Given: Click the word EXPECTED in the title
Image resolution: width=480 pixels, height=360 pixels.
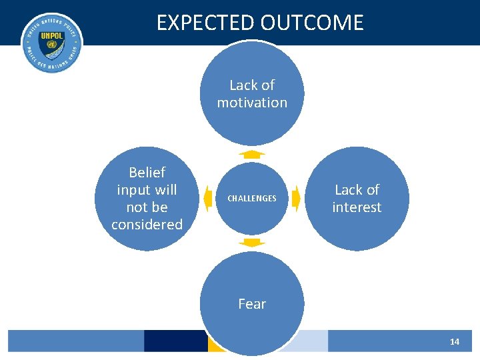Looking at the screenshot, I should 206,23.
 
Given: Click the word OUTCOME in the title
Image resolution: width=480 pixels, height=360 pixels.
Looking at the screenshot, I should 312,23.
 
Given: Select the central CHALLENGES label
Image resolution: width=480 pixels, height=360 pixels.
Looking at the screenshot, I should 252,199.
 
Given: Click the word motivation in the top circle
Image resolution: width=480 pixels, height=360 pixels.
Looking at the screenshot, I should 252,103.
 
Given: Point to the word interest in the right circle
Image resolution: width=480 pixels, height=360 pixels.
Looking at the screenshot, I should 357,207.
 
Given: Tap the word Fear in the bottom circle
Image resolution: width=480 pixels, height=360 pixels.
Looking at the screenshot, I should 252,304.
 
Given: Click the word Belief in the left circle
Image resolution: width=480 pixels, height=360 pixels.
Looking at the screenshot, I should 147,173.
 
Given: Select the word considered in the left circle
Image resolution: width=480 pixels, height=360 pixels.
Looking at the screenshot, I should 147,225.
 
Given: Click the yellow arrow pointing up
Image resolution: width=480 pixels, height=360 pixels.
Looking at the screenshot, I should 252,154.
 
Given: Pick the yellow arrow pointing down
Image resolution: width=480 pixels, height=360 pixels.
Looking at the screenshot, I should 252,243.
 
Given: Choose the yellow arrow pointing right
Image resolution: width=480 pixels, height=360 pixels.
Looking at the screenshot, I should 297,198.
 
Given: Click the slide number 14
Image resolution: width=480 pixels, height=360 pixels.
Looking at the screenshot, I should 455,341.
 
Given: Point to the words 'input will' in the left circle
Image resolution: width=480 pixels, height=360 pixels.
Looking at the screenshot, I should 147,190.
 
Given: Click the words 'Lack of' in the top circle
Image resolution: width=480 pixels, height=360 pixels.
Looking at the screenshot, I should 252,85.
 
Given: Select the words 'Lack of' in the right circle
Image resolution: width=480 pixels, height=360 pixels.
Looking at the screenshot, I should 357,190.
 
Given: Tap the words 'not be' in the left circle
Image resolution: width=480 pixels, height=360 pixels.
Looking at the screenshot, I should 147,207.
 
